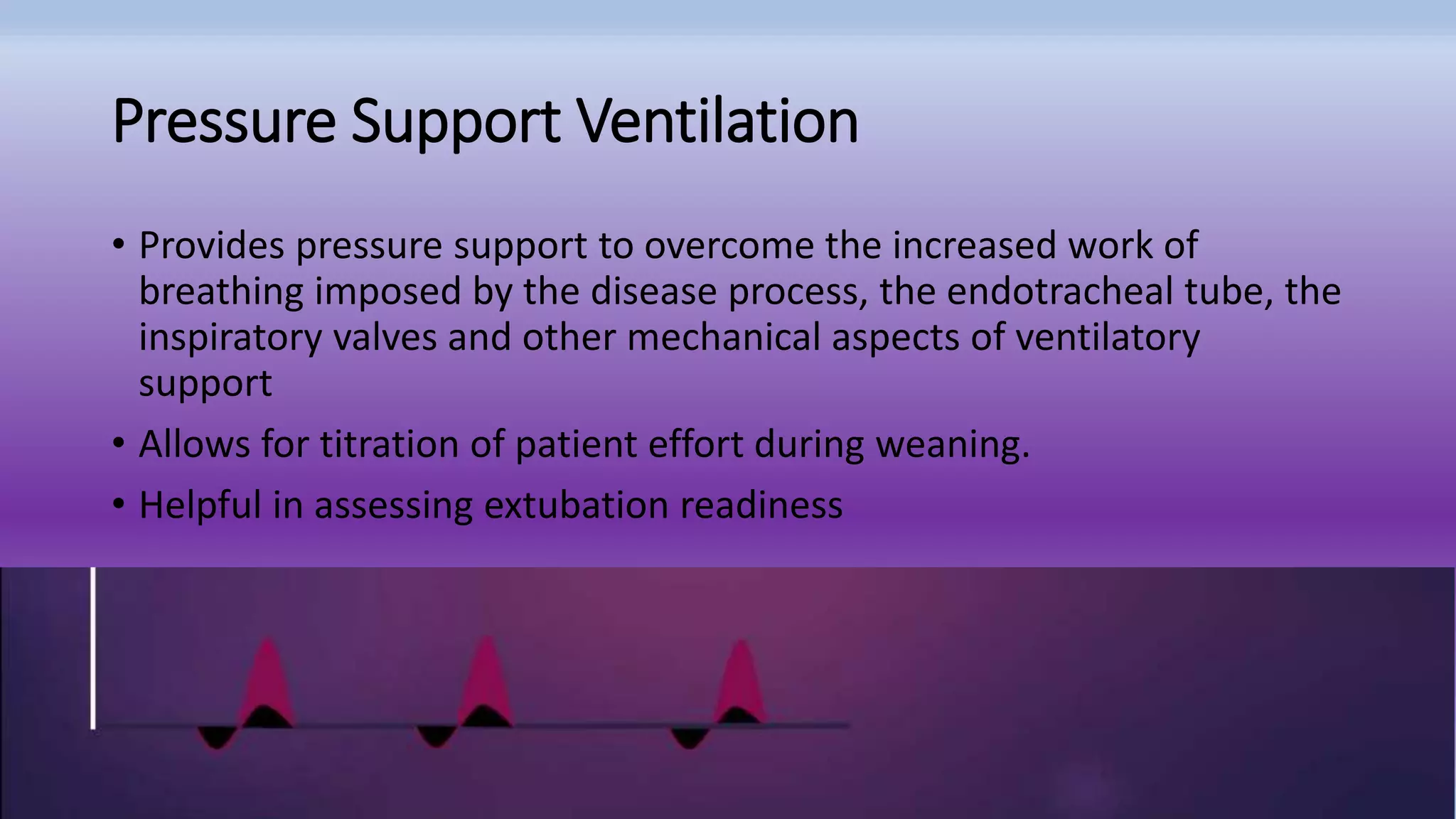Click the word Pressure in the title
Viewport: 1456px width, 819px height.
[223, 122]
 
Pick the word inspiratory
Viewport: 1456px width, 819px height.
[230, 338]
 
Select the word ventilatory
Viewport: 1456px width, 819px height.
[1107, 338]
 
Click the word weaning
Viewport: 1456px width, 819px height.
[952, 446]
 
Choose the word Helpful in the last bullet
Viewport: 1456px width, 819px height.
[200, 505]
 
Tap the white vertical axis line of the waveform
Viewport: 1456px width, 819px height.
[93, 647]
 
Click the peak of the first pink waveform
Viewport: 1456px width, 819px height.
[267, 643]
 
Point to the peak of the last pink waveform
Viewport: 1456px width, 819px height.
[741, 646]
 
